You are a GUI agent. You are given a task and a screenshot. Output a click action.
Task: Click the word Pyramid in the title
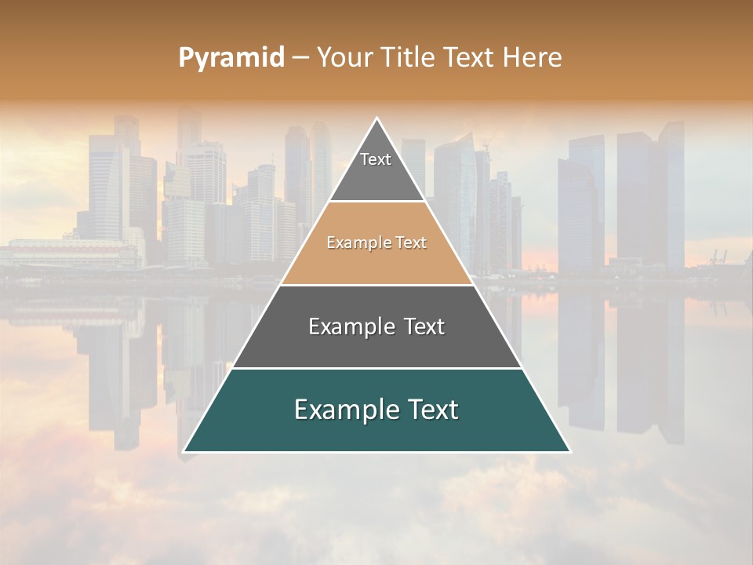(x=231, y=58)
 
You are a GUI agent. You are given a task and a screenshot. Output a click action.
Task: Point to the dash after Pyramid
(x=300, y=58)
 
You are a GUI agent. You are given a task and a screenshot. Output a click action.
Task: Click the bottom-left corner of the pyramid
(x=184, y=451)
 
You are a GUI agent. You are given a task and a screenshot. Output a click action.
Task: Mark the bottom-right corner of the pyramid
(x=569, y=451)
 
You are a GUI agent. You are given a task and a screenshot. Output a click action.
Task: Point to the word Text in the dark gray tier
(x=420, y=326)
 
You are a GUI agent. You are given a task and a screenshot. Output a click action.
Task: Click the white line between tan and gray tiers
(x=376, y=285)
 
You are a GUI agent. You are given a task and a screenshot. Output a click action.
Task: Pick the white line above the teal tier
(x=376, y=368)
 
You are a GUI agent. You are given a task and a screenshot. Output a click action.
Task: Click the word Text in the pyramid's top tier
(x=376, y=159)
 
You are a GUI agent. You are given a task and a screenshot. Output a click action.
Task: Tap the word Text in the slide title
(x=468, y=57)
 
